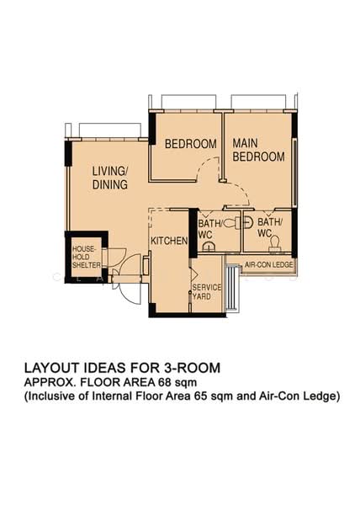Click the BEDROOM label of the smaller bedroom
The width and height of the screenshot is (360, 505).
click(x=191, y=144)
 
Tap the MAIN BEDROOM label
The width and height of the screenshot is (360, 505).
click(x=259, y=150)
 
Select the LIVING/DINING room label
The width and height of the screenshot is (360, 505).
click(x=110, y=178)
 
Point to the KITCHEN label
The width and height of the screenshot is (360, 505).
click(x=169, y=241)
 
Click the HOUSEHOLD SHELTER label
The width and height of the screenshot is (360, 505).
click(x=86, y=257)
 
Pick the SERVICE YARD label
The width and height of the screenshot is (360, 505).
click(x=207, y=292)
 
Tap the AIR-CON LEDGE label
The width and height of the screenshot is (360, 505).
click(x=269, y=265)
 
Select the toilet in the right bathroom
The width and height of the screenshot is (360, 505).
click(x=275, y=243)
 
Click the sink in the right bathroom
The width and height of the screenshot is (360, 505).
click(x=247, y=222)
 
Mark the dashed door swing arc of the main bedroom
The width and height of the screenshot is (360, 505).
click(x=239, y=194)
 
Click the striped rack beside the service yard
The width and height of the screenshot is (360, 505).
click(x=233, y=287)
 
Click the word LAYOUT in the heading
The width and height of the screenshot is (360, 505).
click(x=50, y=368)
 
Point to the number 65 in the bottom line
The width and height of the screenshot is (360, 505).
click(x=200, y=396)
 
